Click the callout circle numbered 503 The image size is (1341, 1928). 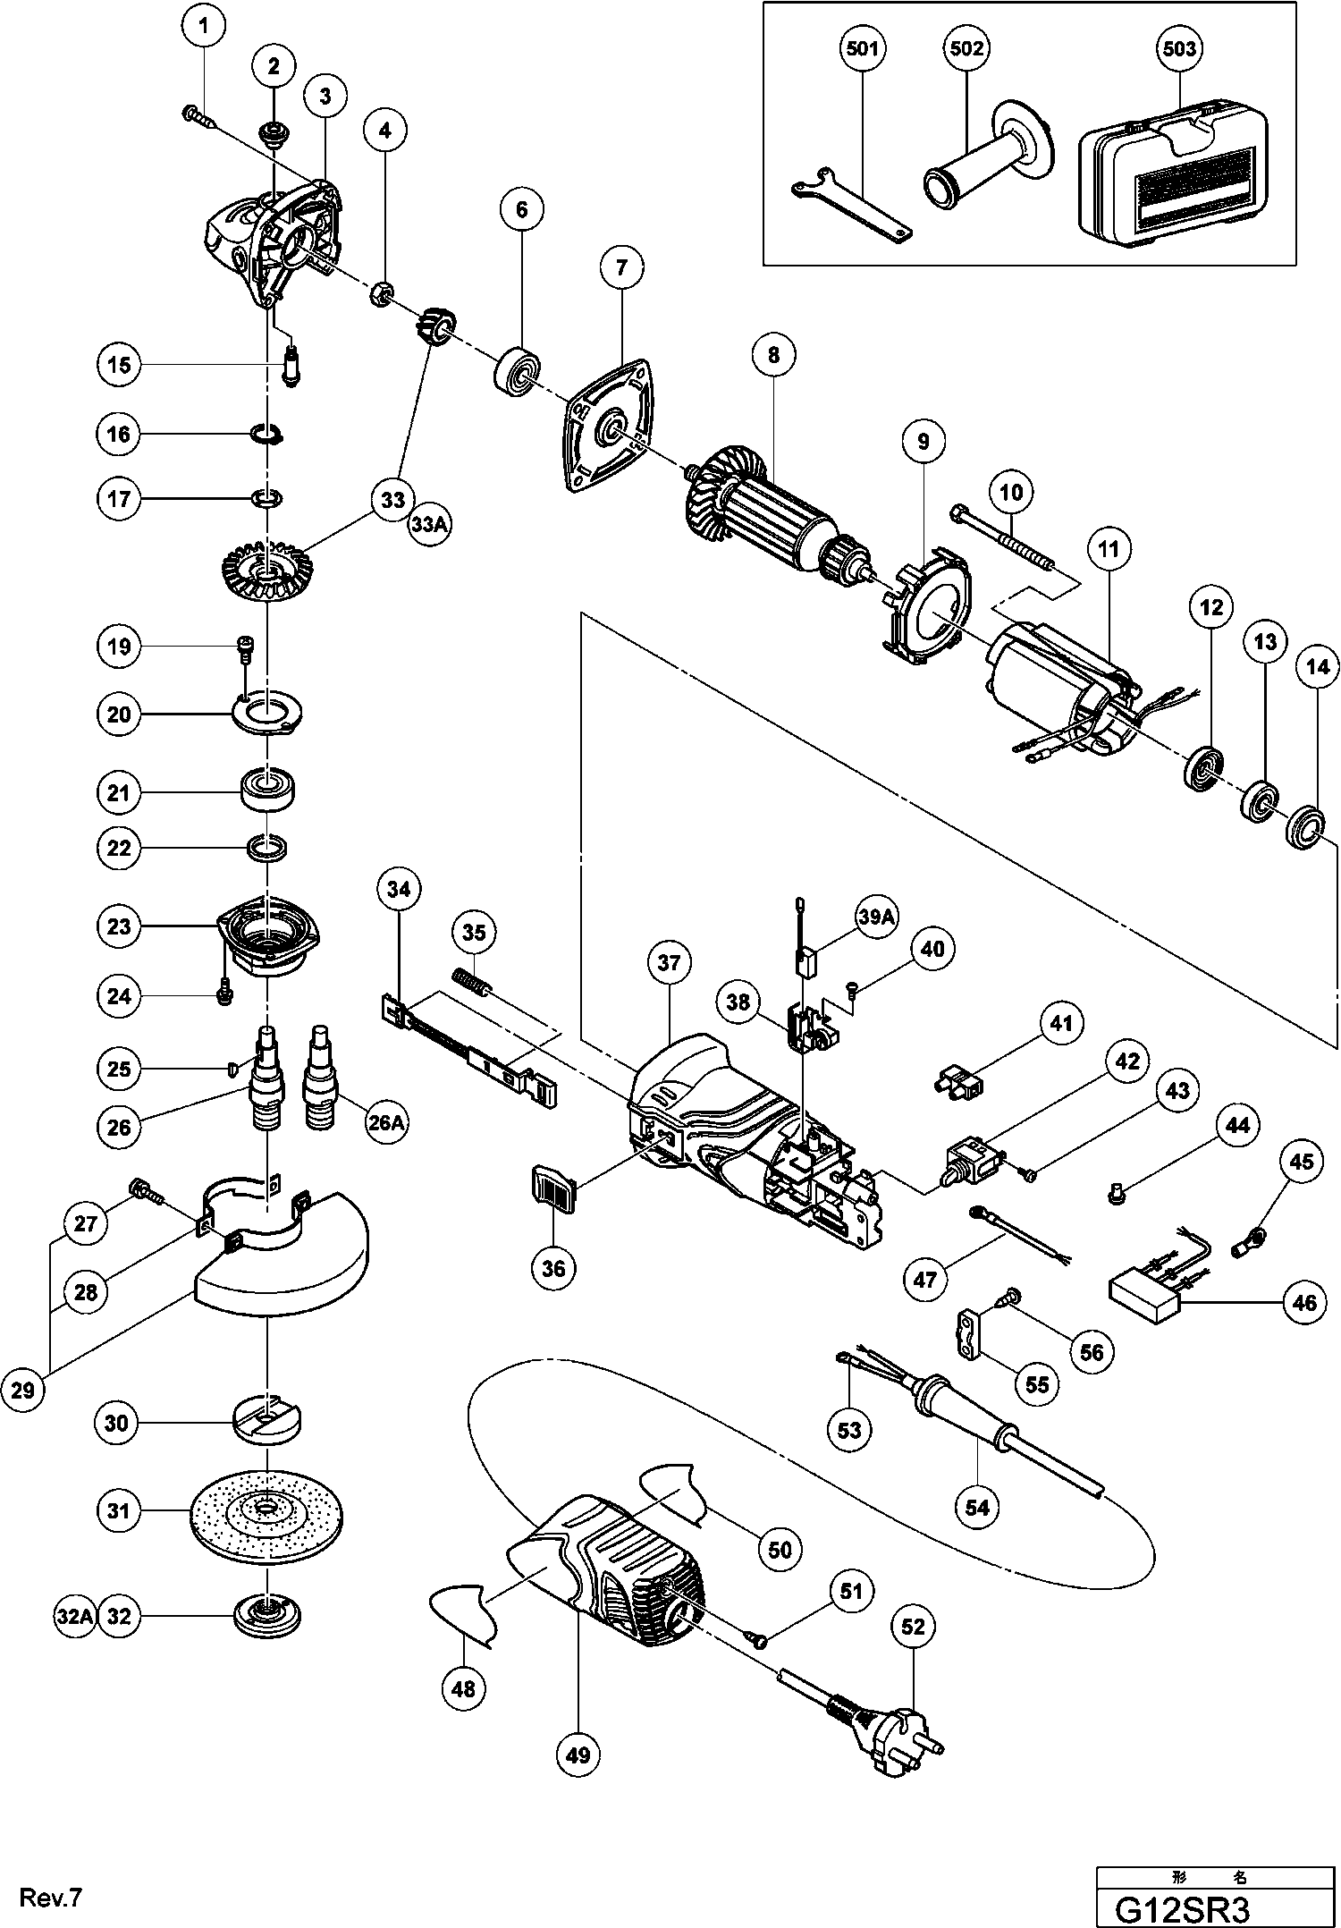tap(1179, 47)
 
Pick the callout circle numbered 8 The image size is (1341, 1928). tap(773, 355)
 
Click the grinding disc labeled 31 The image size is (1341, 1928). tap(267, 1510)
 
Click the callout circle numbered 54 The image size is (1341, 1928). tap(977, 1507)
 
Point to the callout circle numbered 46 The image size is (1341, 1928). tap(1304, 1303)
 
